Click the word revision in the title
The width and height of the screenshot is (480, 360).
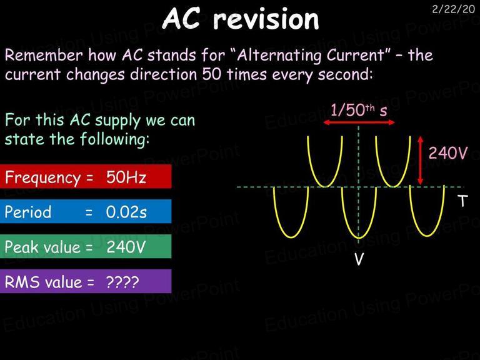266,19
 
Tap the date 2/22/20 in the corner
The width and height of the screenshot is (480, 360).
453,9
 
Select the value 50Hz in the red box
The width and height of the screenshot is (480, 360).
126,177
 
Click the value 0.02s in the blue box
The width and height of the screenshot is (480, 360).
126,212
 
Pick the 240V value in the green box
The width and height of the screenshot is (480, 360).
126,247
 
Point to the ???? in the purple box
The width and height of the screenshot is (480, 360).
122,282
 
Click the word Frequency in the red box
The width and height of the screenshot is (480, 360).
42,177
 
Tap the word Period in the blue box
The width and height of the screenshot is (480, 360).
28,212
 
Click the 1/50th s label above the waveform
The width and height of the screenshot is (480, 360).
359,110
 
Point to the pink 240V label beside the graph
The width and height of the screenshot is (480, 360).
448,152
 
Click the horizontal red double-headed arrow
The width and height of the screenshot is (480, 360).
359,122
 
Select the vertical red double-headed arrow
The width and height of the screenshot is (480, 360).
421,161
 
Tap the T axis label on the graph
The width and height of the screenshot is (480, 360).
463,201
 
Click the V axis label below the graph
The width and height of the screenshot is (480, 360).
359,259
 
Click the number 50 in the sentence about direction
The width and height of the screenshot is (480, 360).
211,74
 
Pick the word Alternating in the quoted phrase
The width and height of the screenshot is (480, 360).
279,56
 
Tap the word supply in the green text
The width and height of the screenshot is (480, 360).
118,121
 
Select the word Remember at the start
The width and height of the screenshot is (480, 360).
44,55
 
